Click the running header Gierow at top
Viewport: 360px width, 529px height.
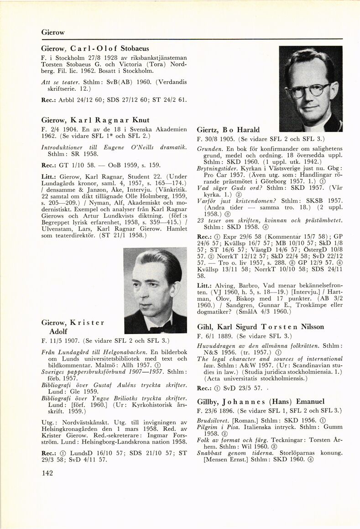pos(52,32)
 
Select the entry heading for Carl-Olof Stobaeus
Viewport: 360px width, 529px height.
pos(95,48)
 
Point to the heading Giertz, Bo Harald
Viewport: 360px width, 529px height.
pos(228,130)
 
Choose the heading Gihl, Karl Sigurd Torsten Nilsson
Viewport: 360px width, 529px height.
pos(260,327)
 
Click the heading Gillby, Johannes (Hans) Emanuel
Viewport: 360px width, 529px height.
pos(261,402)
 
